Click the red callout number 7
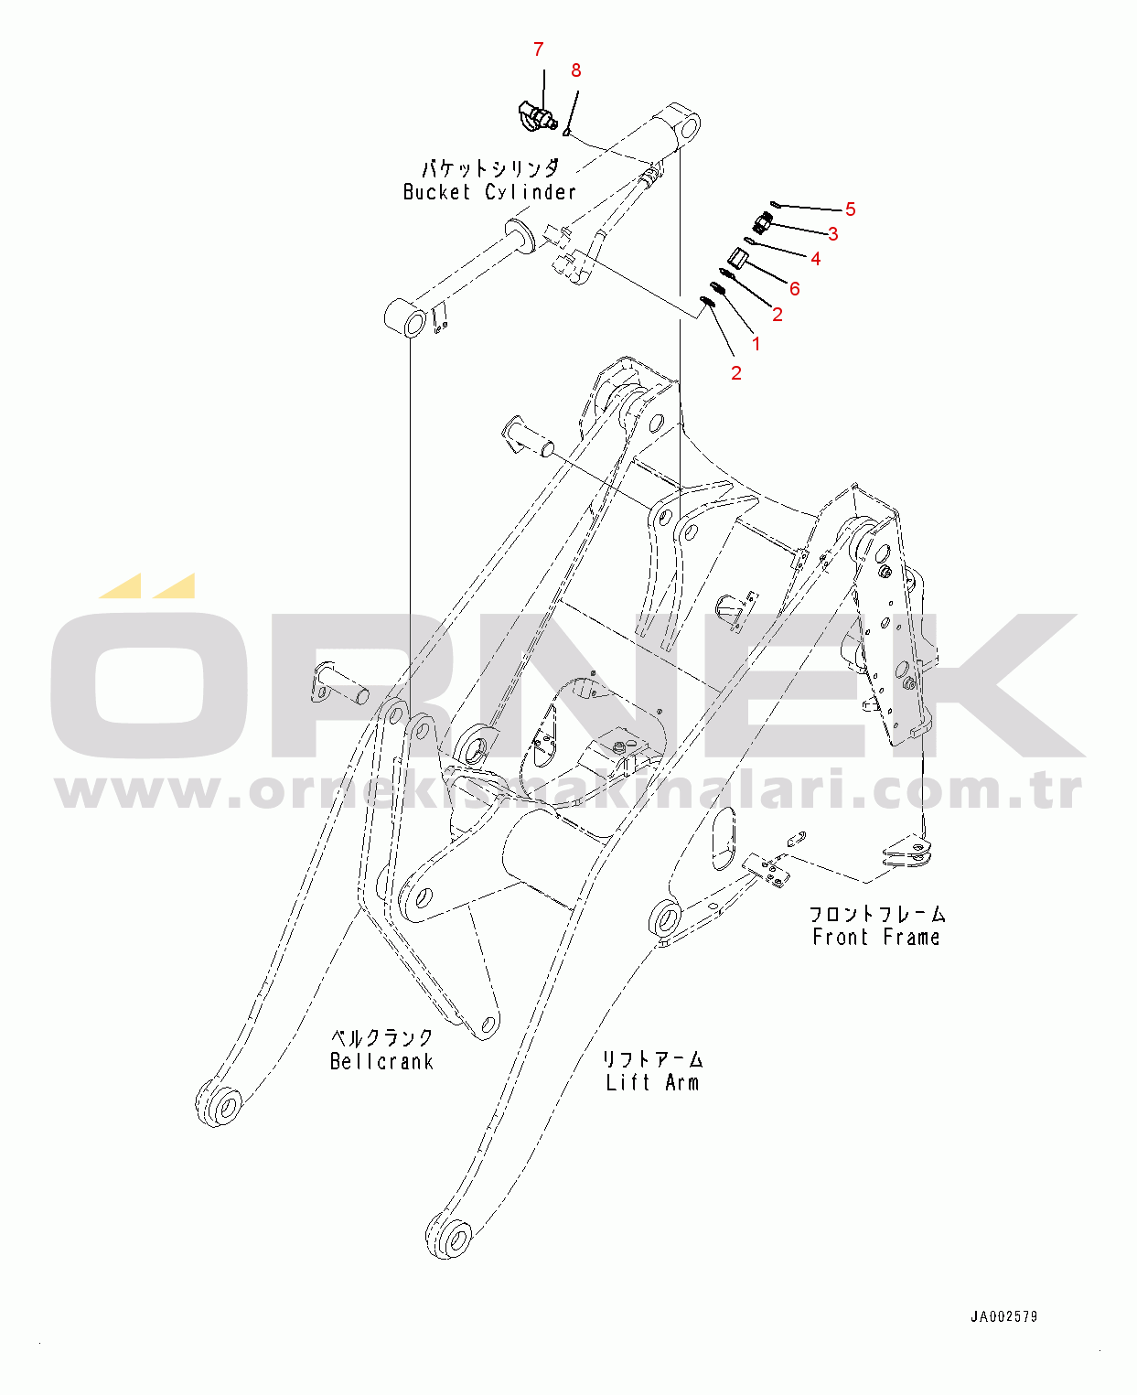[x=538, y=49]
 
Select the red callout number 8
[x=575, y=70]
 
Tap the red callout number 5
[x=850, y=209]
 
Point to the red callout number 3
[x=832, y=234]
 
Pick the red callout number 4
[x=815, y=259]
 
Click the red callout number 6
[x=794, y=289]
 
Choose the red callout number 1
[x=756, y=344]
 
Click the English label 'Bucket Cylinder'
[x=489, y=192]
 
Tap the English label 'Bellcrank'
[x=381, y=1062]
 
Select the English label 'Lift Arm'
[x=652, y=1083]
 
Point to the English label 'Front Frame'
[x=875, y=938]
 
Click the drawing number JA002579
[x=1003, y=1317]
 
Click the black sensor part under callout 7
[x=532, y=117]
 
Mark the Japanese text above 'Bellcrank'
[x=381, y=1038]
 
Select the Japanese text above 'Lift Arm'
[x=652, y=1059]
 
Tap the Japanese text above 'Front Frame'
[x=875, y=914]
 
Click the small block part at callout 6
[x=738, y=259]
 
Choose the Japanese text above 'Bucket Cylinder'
[x=489, y=168]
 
